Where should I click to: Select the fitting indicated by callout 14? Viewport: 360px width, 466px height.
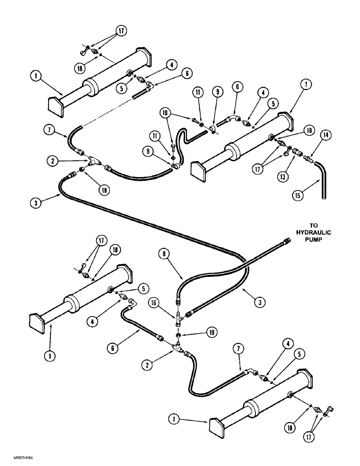pos(308,159)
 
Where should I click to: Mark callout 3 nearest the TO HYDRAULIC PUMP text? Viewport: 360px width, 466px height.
pos(262,302)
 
